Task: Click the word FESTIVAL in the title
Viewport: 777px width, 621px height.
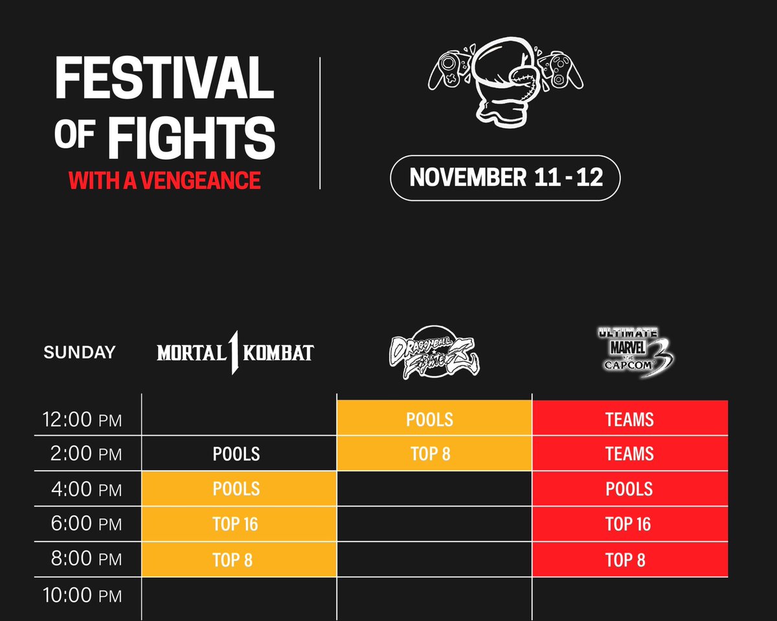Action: (164, 78)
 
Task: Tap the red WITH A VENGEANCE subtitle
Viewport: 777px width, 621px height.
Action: (164, 179)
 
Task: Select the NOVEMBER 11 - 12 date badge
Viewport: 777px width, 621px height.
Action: (506, 177)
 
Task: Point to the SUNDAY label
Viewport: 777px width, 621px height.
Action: (79, 352)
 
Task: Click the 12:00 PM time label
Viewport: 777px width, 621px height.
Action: (82, 420)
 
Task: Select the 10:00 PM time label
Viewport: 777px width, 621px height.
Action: (82, 594)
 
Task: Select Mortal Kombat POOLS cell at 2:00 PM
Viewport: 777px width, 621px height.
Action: (237, 454)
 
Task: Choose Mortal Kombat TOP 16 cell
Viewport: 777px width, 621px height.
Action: (237, 524)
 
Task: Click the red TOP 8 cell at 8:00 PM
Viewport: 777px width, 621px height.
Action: (626, 559)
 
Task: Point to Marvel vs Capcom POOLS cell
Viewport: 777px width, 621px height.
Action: (629, 489)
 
